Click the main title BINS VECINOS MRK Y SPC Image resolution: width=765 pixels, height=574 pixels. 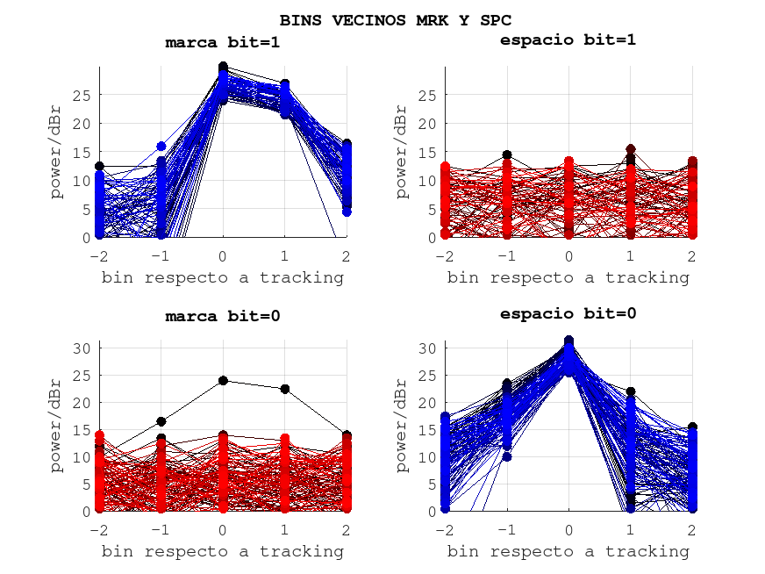pos(396,19)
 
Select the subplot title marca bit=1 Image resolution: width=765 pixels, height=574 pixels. pos(223,42)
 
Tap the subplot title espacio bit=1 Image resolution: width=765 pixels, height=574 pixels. pos(568,39)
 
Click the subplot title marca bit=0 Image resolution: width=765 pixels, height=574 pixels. pos(223,316)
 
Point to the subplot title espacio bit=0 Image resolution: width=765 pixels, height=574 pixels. pos(568,313)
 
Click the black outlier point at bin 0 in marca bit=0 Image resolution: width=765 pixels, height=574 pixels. pos(223,381)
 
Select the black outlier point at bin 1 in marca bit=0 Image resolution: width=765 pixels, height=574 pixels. pos(284,389)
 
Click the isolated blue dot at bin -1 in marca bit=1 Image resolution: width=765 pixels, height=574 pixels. pos(161,147)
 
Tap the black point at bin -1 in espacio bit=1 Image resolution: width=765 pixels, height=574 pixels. pos(507,155)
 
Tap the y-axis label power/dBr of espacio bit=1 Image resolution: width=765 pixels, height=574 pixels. pos(402,151)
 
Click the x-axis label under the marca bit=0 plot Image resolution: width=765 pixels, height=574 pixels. pos(223,551)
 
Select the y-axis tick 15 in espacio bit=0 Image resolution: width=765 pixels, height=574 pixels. pos(427,430)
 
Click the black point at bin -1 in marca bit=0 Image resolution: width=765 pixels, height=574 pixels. pos(161,422)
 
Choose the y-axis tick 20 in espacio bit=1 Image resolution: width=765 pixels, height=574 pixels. pos(427,123)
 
